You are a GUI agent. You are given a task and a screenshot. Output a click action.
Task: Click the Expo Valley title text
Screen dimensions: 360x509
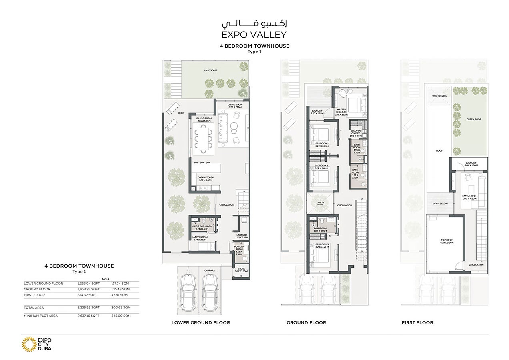pos(254,34)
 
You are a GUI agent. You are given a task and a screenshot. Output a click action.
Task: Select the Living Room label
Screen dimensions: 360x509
pos(236,106)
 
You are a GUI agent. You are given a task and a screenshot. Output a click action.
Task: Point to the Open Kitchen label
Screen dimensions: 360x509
pos(206,179)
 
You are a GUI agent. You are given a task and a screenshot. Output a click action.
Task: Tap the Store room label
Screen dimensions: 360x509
pos(242,270)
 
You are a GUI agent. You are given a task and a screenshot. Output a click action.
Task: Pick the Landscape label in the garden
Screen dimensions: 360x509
pos(210,70)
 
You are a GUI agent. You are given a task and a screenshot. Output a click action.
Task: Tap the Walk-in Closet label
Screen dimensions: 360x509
pos(355,133)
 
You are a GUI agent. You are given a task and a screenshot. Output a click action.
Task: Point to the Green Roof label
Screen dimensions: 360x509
pos(473,119)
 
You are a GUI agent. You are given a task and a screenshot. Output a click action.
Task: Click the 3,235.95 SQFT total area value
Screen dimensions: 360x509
pos(88,308)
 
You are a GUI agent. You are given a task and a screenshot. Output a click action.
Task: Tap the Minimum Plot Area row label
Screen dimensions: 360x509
pos(41,316)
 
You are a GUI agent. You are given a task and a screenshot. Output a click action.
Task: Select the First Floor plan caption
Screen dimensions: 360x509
pos(417,322)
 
